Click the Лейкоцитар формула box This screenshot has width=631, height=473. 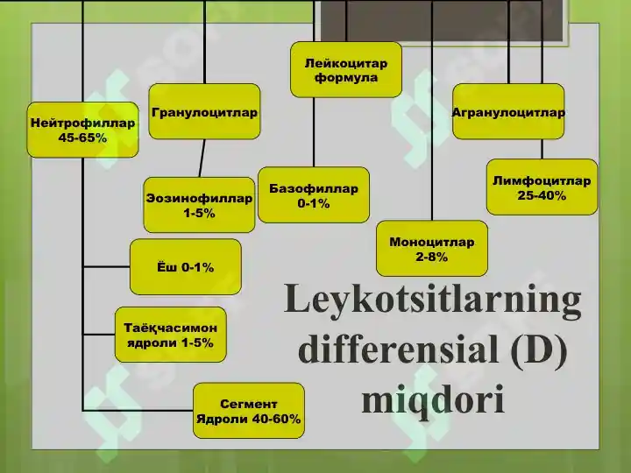tap(346, 69)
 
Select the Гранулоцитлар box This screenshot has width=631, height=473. tap(204, 111)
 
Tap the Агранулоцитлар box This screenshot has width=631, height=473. tap(508, 111)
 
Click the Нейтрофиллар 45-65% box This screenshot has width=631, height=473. tap(83, 130)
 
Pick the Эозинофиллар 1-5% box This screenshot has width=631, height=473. tap(199, 205)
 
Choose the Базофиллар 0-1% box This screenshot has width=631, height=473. tap(314, 195)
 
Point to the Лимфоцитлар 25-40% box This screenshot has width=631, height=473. tap(542, 187)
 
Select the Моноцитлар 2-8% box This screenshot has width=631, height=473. tap(432, 248)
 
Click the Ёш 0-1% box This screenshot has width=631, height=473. tap(186, 266)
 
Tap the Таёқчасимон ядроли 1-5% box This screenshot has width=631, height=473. tap(171, 335)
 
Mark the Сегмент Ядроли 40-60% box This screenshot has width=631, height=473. tap(249, 411)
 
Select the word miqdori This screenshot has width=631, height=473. tap(433, 399)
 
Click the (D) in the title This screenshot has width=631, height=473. tap(539, 349)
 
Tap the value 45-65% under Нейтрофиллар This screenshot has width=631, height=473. tap(82, 138)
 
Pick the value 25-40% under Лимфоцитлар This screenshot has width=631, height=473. tap(542, 195)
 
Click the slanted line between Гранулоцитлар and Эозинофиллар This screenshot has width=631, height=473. tap(202, 159)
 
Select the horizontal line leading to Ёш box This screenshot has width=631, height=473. tap(107, 266)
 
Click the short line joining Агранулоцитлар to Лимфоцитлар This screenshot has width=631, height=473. tap(542, 149)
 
